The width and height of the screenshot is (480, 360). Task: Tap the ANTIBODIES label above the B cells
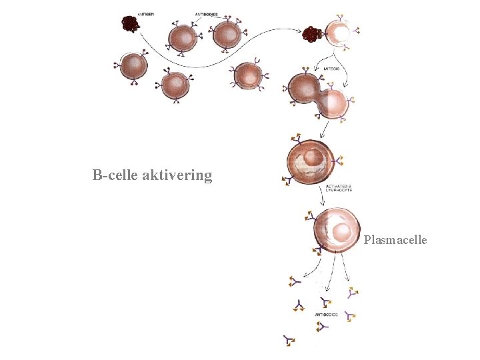[207, 14]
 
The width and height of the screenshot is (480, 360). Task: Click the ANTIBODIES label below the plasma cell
[326, 314]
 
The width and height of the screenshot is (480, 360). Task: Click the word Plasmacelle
[395, 240]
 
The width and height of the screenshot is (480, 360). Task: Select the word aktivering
[177, 176]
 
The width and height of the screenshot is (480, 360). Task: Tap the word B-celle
[115, 176]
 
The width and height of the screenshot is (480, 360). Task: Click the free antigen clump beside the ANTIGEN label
[129, 25]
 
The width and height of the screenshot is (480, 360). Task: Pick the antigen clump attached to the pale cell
[312, 33]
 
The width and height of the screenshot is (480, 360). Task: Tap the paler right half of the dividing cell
[333, 103]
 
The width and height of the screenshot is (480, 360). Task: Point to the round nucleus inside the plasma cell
[342, 232]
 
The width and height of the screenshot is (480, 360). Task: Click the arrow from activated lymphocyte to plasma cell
[324, 195]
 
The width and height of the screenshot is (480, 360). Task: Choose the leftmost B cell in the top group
[134, 65]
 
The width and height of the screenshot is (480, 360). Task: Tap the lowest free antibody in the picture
[289, 341]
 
